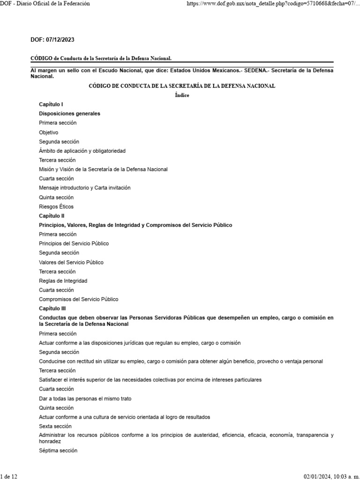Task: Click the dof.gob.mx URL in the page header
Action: point(272,4)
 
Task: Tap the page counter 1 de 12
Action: point(9,476)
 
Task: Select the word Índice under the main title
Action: point(182,95)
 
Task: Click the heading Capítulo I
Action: point(51,104)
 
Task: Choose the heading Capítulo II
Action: point(52,216)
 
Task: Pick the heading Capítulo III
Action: point(52,308)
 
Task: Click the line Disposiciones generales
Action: point(70,113)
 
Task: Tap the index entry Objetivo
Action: point(49,132)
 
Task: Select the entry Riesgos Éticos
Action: point(56,206)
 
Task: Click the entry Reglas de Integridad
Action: point(63,281)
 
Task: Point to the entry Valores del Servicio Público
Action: point(71,262)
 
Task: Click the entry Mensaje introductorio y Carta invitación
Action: point(85,187)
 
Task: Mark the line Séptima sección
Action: point(58,450)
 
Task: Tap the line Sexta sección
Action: point(55,426)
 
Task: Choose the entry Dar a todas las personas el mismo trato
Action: point(85,398)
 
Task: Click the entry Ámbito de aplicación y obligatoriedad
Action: point(82,151)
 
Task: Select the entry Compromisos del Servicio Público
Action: point(79,299)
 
